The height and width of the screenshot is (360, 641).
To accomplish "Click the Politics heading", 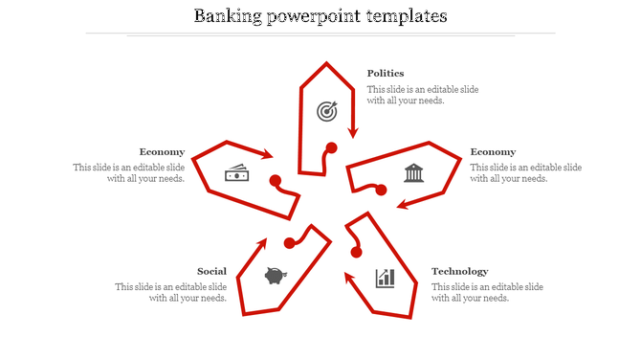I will click(386, 73).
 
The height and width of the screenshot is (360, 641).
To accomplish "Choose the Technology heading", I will click(459, 271).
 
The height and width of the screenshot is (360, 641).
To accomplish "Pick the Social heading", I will click(211, 271).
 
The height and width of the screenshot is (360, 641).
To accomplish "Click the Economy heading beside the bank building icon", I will click(493, 151).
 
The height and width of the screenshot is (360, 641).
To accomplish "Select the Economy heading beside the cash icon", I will click(162, 151).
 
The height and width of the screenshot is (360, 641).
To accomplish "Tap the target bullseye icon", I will click(327, 112).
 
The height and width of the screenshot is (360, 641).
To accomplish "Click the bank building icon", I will click(413, 173).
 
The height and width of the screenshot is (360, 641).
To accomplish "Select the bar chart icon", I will click(386, 278).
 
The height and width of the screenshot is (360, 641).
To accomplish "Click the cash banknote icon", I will click(236, 173).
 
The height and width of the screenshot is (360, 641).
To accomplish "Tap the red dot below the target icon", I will click(331, 147).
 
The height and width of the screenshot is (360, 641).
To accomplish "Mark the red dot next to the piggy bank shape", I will click(288, 242).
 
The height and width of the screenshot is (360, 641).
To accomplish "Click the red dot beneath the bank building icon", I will click(381, 191).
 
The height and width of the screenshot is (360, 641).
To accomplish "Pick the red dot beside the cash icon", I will click(275, 180).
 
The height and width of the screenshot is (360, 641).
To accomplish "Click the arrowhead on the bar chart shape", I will click(348, 278).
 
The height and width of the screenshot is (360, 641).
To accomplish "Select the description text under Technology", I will click(487, 292).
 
